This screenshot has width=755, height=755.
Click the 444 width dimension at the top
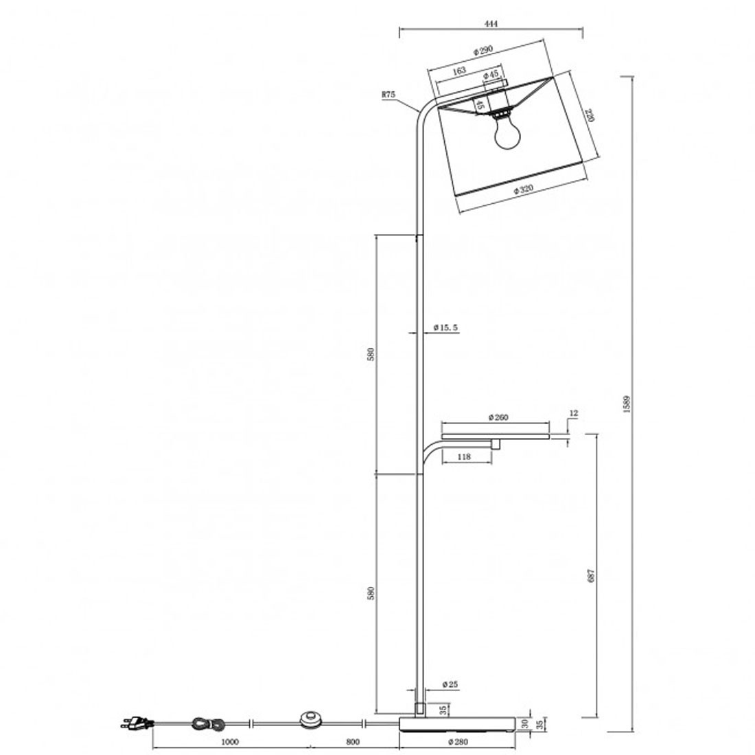[x=491, y=23]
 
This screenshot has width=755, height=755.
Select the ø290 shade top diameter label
[x=483, y=50]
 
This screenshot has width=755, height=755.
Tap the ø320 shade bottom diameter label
[x=524, y=189]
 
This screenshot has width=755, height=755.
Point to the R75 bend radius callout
[x=388, y=95]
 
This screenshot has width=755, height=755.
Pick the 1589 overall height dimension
[x=627, y=404]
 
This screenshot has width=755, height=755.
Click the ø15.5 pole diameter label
[x=445, y=327]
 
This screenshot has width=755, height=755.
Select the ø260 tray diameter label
[x=498, y=417]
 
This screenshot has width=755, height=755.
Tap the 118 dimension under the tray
[x=464, y=456]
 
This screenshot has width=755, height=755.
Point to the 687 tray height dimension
[x=591, y=575]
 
